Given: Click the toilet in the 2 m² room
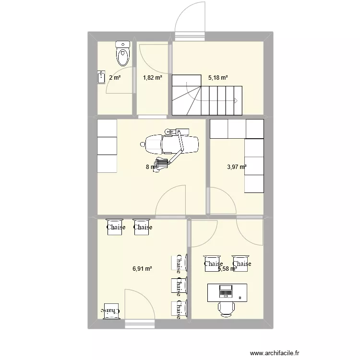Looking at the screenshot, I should point(123,53).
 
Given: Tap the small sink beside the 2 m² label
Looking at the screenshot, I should point(101,77).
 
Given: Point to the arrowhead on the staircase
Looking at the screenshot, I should point(235,100).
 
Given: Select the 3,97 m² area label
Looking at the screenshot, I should point(237,167).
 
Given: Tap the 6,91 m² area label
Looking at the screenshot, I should point(142,269).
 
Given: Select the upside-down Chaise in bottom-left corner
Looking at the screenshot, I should point(110,311).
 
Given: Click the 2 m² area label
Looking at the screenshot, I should point(115,77).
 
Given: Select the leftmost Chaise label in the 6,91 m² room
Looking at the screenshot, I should point(116,227).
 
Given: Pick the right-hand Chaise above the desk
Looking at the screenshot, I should point(242,264).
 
